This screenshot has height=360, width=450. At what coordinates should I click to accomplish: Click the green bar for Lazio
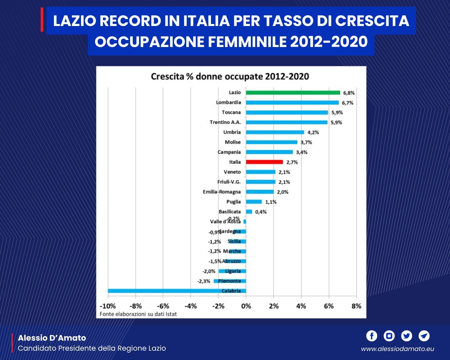point(293,93)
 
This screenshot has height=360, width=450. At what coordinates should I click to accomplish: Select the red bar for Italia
point(264,162)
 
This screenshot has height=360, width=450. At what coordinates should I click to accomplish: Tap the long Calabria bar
point(177,291)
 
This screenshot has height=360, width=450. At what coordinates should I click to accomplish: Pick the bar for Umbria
point(275,132)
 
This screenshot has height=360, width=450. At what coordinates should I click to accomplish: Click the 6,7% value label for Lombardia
point(347,103)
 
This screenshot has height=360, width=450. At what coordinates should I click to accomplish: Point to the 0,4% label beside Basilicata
point(261,212)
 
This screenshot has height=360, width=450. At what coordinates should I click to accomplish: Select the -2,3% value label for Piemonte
point(204,281)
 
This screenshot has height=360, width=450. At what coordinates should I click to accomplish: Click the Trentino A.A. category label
point(225,122)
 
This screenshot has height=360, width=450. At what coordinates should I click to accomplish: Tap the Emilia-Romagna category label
point(222,192)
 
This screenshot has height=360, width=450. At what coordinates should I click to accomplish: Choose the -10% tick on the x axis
point(108,306)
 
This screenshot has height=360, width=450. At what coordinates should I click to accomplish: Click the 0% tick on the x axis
point(246,306)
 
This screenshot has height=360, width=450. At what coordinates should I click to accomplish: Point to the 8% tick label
point(356,306)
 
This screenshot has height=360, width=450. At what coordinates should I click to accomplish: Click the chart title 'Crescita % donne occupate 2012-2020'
point(230,77)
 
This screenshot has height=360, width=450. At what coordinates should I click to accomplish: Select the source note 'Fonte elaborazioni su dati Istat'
point(138,314)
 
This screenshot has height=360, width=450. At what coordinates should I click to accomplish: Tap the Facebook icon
point(372,336)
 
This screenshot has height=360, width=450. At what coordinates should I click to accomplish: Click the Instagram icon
point(389,336)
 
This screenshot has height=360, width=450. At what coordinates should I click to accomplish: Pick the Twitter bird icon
point(407,336)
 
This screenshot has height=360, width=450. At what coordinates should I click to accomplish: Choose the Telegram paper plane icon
point(424,336)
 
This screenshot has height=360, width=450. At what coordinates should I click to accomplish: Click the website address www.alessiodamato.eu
point(397,349)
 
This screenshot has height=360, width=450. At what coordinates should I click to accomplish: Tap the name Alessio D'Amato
point(52,338)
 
